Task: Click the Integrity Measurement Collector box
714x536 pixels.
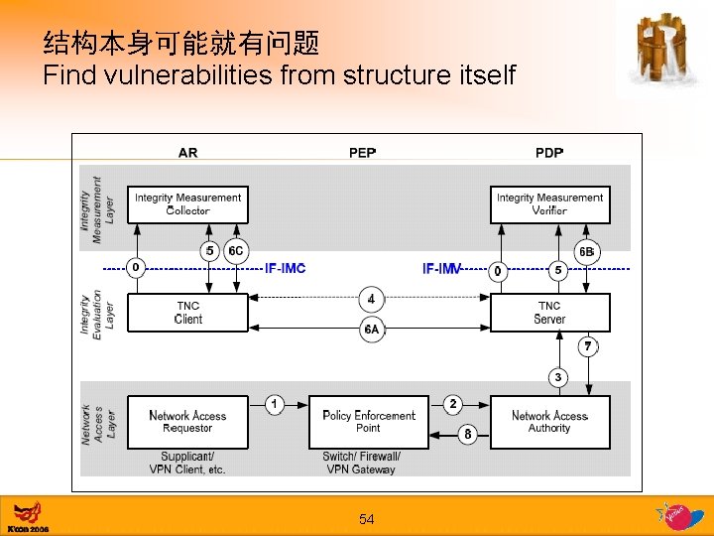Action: tap(187, 204)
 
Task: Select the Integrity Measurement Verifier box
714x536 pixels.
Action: tap(549, 204)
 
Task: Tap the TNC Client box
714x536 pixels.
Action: tap(187, 313)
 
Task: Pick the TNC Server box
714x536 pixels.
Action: tap(549, 313)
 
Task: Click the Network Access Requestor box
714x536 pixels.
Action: tap(187, 422)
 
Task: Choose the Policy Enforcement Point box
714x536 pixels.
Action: tap(368, 422)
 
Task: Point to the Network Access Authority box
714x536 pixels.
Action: tap(549, 422)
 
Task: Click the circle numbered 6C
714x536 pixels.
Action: tap(236, 251)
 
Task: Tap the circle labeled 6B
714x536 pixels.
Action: tap(586, 251)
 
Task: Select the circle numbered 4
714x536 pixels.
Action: tap(371, 299)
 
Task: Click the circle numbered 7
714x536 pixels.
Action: tap(588, 346)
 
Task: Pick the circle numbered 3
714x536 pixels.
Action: tap(558, 377)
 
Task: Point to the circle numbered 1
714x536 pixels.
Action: tap(275, 404)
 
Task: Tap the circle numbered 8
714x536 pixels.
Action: tap(468, 434)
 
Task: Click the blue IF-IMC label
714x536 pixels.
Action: tap(285, 269)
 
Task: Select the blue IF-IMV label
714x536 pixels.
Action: tap(441, 269)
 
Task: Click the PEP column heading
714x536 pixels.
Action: tap(362, 153)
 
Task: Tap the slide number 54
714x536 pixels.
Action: tap(366, 519)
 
